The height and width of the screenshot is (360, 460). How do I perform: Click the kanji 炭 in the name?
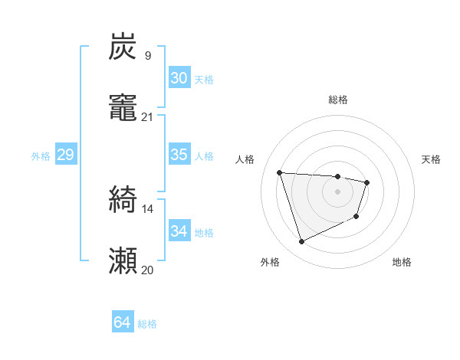[123, 47]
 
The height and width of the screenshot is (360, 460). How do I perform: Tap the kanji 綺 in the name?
[123, 201]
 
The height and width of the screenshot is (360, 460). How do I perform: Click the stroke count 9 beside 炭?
[147, 56]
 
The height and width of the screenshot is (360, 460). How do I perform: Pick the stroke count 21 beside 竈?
[147, 117]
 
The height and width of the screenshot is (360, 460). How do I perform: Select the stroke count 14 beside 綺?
[147, 208]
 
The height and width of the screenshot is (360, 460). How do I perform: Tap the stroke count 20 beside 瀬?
[147, 270]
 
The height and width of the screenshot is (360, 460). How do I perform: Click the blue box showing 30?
[179, 78]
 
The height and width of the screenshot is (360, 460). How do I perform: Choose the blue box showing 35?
[179, 155]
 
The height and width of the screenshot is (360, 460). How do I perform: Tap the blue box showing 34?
[179, 231]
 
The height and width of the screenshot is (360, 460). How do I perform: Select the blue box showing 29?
[65, 155]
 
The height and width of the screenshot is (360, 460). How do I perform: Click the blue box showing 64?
[122, 323]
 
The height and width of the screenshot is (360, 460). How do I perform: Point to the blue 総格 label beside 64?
[148, 324]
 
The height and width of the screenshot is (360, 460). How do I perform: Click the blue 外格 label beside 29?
[41, 155]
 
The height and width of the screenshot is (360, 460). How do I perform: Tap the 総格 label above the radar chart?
[338, 100]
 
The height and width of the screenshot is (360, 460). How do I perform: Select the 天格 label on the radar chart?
[432, 159]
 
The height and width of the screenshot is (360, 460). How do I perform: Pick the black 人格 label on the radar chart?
[245, 159]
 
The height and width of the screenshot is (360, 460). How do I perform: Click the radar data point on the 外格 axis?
[301, 242]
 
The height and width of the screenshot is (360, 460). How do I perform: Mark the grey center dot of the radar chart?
[338, 191]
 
